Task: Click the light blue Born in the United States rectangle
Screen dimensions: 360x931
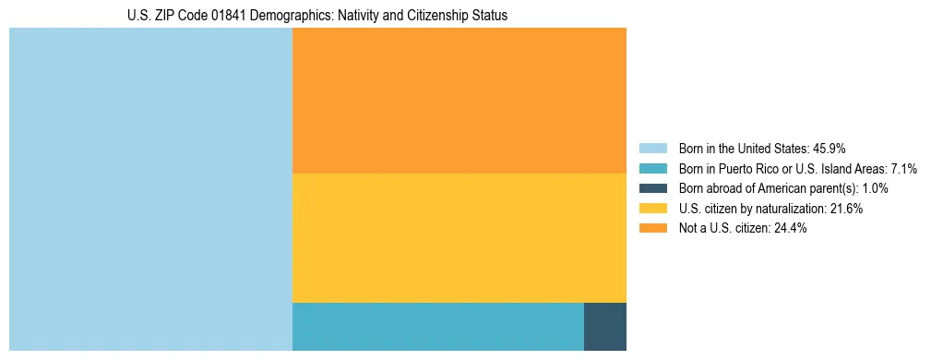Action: pyautogui.click(x=150, y=189)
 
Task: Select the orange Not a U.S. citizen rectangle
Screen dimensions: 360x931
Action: pyautogui.click(x=459, y=101)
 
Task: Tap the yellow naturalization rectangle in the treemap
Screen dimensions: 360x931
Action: pyautogui.click(x=459, y=238)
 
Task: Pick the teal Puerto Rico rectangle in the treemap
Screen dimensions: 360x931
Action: pyautogui.click(x=437, y=326)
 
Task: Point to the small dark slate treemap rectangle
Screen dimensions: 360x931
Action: pyautogui.click(x=604, y=326)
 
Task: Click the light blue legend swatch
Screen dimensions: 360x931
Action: pyautogui.click(x=652, y=148)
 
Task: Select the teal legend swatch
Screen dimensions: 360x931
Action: pyautogui.click(x=652, y=168)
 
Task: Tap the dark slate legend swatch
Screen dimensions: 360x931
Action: pyautogui.click(x=652, y=188)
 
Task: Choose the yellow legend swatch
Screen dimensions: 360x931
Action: pyautogui.click(x=652, y=209)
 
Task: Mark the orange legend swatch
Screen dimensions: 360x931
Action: pyautogui.click(x=652, y=229)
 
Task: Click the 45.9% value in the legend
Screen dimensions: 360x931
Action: pyautogui.click(x=830, y=148)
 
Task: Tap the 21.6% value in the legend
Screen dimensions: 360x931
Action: pyautogui.click(x=846, y=209)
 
